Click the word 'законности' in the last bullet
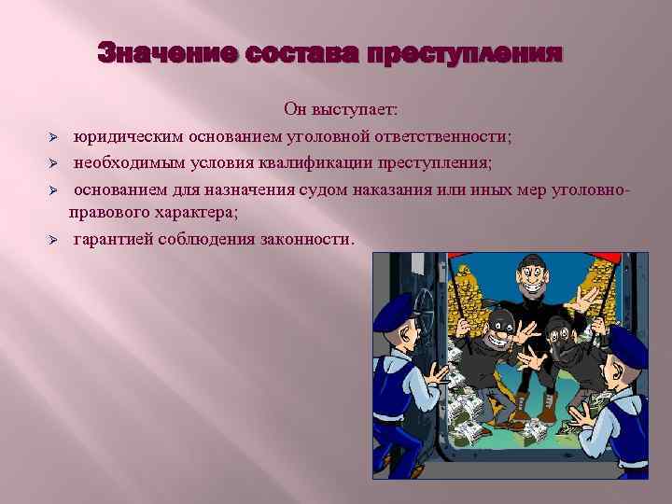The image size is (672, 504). click(307, 239)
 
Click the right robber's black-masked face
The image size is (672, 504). click(560, 338)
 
